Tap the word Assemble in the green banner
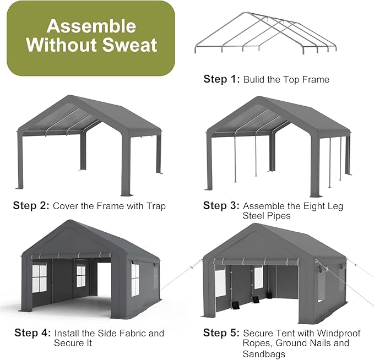point(91,25)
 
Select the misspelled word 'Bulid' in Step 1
point(255,79)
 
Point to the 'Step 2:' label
point(31,206)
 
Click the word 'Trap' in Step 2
point(155,206)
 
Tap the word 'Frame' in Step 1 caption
point(316,79)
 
